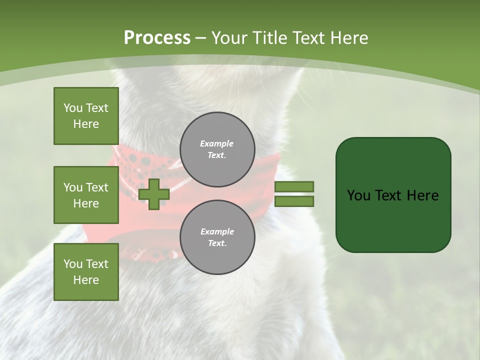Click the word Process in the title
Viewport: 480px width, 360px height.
tap(157, 37)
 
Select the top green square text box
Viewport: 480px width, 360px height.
tap(86, 116)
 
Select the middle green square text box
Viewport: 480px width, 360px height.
tap(86, 195)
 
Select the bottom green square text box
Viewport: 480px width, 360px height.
tap(86, 272)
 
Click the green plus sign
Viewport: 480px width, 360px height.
tap(154, 194)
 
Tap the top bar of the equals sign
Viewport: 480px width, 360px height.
tap(294, 186)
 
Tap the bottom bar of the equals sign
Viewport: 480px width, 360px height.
tap(294, 201)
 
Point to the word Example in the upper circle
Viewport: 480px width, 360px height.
tap(217, 143)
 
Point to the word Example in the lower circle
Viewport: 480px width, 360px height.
tap(217, 231)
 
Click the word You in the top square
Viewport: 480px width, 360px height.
tap(73, 108)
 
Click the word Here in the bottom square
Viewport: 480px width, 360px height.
tap(86, 280)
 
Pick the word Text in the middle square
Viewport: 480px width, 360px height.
tap(97, 187)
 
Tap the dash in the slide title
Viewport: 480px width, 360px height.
tap(201, 37)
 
